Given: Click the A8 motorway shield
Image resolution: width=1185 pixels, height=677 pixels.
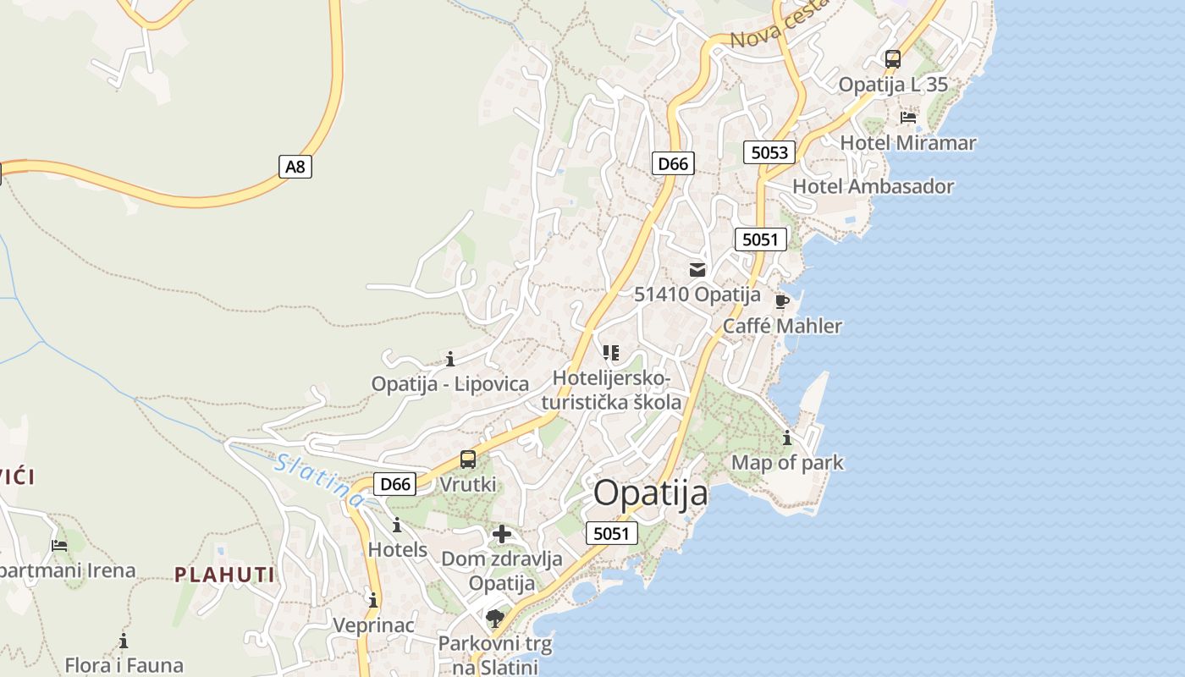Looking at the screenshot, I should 295,167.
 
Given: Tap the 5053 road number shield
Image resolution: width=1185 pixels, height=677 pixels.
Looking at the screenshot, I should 769,152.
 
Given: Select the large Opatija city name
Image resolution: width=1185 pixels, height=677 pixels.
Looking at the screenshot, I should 650,493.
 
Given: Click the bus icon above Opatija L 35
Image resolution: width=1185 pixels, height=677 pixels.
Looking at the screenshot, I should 893,59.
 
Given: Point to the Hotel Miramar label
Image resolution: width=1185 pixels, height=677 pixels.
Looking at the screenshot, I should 907,143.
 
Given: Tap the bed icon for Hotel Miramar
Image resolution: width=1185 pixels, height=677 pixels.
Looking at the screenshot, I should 908,117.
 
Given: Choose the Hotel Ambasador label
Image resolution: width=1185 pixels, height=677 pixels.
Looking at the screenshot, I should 873,186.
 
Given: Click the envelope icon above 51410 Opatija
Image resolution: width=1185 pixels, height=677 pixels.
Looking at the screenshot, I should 697,270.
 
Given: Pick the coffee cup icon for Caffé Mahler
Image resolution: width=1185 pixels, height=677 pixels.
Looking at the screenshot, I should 782,301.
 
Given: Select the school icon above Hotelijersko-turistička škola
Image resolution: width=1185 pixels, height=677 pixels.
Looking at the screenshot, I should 611,352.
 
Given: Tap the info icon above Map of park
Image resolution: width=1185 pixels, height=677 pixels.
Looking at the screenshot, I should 787,438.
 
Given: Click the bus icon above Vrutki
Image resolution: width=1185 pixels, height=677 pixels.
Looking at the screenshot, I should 468,460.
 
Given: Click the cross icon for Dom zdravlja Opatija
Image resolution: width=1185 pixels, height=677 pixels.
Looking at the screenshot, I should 502,534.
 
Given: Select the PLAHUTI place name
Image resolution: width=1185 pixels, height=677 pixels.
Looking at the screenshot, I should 224,575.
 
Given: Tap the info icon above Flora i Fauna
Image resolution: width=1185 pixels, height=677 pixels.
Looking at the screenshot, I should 124,641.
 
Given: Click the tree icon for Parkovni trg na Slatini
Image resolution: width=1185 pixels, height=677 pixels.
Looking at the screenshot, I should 495,619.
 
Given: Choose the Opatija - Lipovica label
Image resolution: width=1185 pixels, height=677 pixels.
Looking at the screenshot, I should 449,383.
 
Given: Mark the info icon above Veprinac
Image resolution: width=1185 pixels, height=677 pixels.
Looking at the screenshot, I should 373,600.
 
